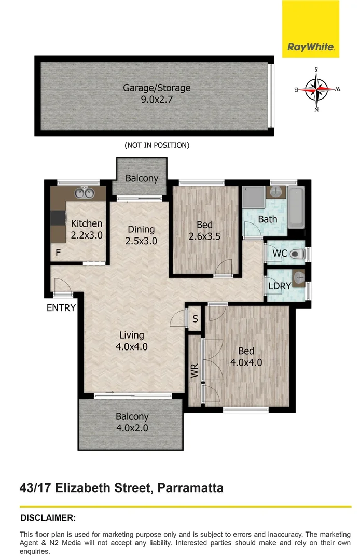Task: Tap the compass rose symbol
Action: tap(316, 90)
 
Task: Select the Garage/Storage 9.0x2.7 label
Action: tap(157, 93)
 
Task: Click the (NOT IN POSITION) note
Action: tap(157, 145)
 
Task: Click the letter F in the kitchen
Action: tap(58, 254)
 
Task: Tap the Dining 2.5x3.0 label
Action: tap(141, 235)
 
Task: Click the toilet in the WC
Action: tap(297, 254)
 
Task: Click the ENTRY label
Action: tap(61, 308)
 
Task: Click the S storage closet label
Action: tap(195, 319)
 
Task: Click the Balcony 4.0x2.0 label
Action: tap(132, 422)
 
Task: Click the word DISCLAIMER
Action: tap(48, 517)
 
